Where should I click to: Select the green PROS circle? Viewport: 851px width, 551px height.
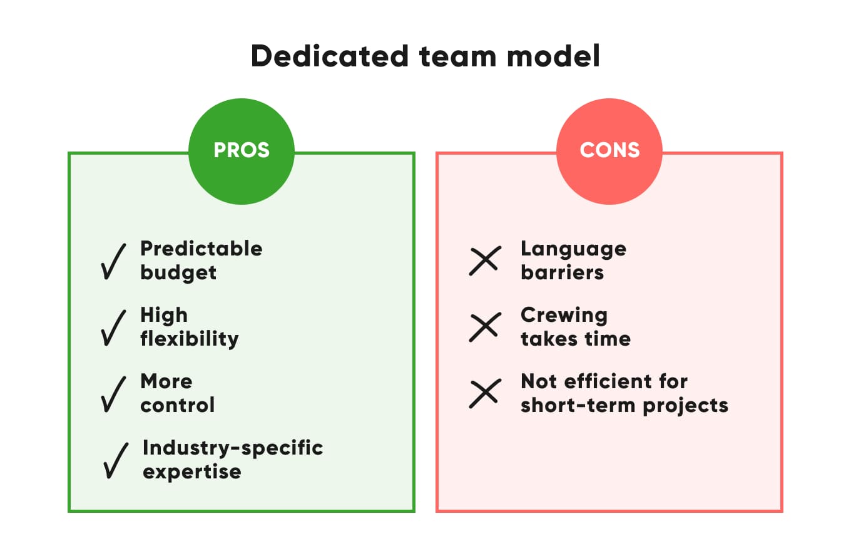pyautogui.click(x=242, y=151)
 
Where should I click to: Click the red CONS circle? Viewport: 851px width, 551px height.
pyautogui.click(x=609, y=151)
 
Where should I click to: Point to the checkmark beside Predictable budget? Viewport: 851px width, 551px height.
pyautogui.click(x=113, y=261)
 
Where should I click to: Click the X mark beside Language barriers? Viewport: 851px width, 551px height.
pyautogui.click(x=485, y=260)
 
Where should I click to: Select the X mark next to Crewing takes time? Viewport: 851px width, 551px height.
pyautogui.click(x=485, y=327)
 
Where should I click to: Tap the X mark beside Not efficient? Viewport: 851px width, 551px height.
pyautogui.click(x=485, y=393)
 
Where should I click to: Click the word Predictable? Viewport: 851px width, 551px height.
pyautogui.click(x=201, y=249)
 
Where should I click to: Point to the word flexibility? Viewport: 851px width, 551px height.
pyautogui.click(x=190, y=339)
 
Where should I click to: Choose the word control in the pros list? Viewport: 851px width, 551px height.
pyautogui.click(x=178, y=405)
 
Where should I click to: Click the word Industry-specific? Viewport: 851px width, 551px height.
pyautogui.click(x=233, y=448)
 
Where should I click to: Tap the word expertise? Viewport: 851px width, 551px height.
pyautogui.click(x=192, y=471)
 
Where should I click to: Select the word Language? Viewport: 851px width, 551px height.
pyautogui.click(x=573, y=249)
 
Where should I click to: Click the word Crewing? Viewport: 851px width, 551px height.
pyautogui.click(x=564, y=315)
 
